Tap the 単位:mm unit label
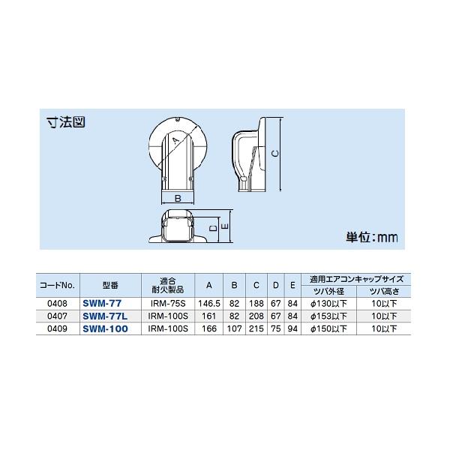click(x=370, y=237)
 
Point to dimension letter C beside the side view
click(x=274, y=154)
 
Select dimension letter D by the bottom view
click(x=212, y=226)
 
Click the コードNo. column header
click(x=57, y=286)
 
